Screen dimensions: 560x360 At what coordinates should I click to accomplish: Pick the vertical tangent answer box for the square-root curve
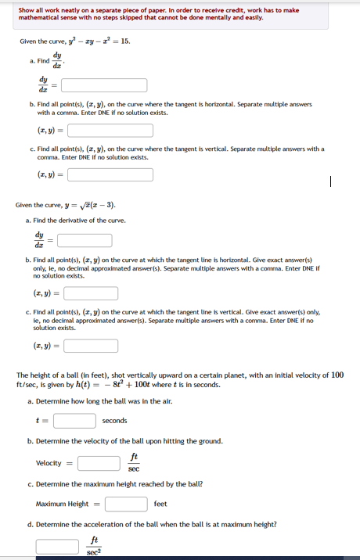tap(91, 344)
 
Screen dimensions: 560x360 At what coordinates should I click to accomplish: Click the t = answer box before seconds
tap(74, 421)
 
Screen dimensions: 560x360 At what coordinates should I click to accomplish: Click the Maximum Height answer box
tap(128, 504)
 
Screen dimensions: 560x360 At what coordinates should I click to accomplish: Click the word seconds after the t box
tap(114, 421)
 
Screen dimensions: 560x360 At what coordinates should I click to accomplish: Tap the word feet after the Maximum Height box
tap(160, 504)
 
